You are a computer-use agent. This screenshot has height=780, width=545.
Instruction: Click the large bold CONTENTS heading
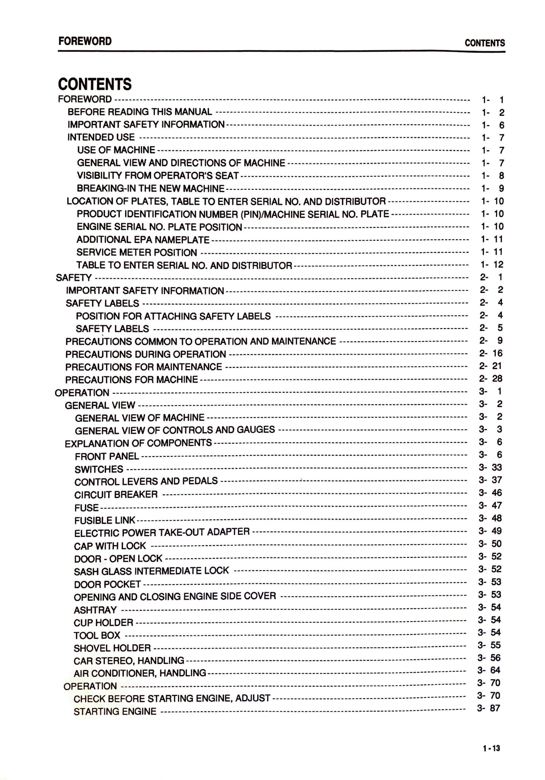pos(95,84)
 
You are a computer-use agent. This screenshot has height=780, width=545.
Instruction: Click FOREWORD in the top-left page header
pos(85,41)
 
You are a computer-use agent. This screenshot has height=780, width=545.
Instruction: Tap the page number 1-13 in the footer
pos(491,748)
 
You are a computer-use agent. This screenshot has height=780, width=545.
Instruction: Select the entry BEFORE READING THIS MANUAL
pos(140,112)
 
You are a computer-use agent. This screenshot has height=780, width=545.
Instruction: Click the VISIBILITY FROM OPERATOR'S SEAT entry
pos(158,176)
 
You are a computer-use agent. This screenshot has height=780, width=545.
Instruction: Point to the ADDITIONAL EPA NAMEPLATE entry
pos(143,240)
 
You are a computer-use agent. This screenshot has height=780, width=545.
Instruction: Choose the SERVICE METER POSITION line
pos(137,252)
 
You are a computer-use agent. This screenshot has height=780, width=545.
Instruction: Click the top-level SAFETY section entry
pos(74,278)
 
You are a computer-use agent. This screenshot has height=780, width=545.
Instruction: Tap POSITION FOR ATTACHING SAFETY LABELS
pos(173,316)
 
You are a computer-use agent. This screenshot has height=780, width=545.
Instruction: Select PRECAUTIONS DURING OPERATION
pos(146,355)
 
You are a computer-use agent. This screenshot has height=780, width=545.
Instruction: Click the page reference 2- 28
pos(491,379)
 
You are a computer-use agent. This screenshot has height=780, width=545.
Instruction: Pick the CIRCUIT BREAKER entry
pos(116,494)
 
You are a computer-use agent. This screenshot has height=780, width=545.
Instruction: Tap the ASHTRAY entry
pos(95,610)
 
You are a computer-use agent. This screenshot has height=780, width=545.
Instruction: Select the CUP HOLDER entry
pos(103,623)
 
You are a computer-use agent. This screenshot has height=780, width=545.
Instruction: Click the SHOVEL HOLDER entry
pos(112,648)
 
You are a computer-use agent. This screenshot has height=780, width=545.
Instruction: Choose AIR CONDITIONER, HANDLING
pos(140,673)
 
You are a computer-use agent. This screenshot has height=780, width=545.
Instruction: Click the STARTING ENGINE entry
pos(115,712)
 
